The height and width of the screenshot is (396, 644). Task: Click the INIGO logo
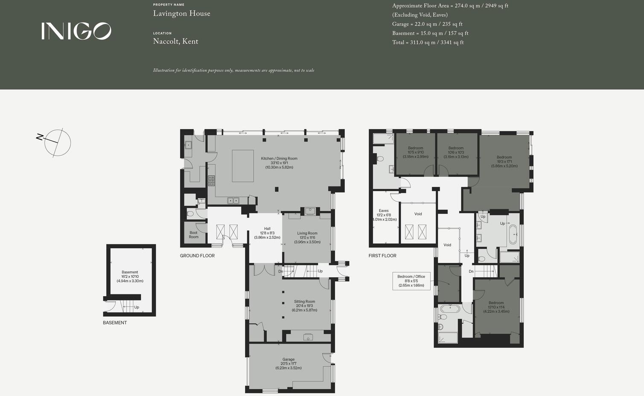[x=76, y=31]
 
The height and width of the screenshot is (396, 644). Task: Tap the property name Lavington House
[x=181, y=14]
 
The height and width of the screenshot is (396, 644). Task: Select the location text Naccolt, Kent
[x=175, y=41]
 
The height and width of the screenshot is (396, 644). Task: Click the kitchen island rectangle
[x=242, y=166]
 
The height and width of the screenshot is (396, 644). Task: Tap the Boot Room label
[x=193, y=235]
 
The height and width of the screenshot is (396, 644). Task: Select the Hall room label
[x=267, y=233]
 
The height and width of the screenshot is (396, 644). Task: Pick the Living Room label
[x=307, y=238]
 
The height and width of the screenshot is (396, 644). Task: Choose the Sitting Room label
[x=304, y=306]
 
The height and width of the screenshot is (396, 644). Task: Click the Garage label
[x=288, y=364]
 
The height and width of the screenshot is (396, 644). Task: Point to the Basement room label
[x=130, y=277]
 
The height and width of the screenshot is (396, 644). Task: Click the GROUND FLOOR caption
[x=197, y=256]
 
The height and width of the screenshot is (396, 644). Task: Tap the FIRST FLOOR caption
[x=382, y=256]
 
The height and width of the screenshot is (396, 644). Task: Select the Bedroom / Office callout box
[x=411, y=281]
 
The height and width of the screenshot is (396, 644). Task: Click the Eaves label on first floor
[x=384, y=215]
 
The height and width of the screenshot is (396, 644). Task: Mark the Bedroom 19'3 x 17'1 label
[x=504, y=161]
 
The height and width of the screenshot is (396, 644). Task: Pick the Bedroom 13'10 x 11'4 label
[x=496, y=307]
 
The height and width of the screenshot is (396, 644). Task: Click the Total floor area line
[x=428, y=42]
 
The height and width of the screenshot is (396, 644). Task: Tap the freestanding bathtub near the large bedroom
[x=513, y=234]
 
